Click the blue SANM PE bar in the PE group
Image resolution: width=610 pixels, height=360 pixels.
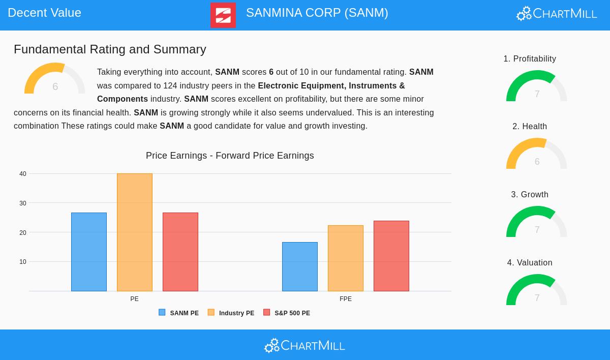pyautogui.click(x=89, y=252)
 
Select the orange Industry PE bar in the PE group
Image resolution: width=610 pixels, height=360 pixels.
pyautogui.click(x=135, y=232)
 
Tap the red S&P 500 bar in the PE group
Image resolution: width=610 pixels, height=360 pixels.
pyautogui.click(x=180, y=252)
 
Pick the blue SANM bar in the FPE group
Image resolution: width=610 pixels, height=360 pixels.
pyautogui.click(x=300, y=266)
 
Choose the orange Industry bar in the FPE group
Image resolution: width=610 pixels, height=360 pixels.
pyautogui.click(x=346, y=258)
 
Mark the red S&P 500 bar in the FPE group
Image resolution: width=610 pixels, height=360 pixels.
pyautogui.click(x=391, y=256)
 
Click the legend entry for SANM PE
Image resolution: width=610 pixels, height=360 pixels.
pyautogui.click(x=179, y=313)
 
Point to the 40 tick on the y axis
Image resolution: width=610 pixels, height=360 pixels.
pyautogui.click(x=23, y=174)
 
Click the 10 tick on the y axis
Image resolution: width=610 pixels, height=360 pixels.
pyautogui.click(x=23, y=262)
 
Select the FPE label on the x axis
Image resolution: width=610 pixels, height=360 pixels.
pyautogui.click(x=346, y=299)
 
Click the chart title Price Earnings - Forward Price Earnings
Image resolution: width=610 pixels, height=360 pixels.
pyautogui.click(x=230, y=156)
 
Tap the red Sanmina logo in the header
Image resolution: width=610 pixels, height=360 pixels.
pyautogui.click(x=223, y=15)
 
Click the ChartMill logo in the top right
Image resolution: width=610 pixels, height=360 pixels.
pyautogui.click(x=557, y=13)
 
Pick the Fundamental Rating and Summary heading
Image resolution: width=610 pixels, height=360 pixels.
pyautogui.click(x=110, y=49)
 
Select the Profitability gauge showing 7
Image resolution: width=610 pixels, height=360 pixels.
pyautogui.click(x=537, y=87)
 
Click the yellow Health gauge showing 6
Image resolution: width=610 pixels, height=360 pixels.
pyautogui.click(x=537, y=155)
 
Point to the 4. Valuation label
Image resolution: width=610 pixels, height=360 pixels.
pyautogui.click(x=530, y=262)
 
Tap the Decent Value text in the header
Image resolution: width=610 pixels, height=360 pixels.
pyautogui.click(x=45, y=13)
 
